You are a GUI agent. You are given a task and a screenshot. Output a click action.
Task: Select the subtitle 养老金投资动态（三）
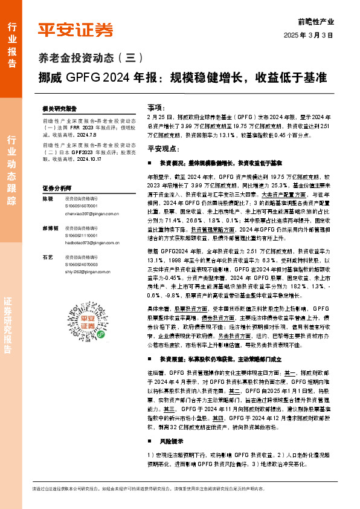(x=87, y=59)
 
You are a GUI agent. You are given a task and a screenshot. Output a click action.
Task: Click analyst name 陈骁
(x=47, y=198)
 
